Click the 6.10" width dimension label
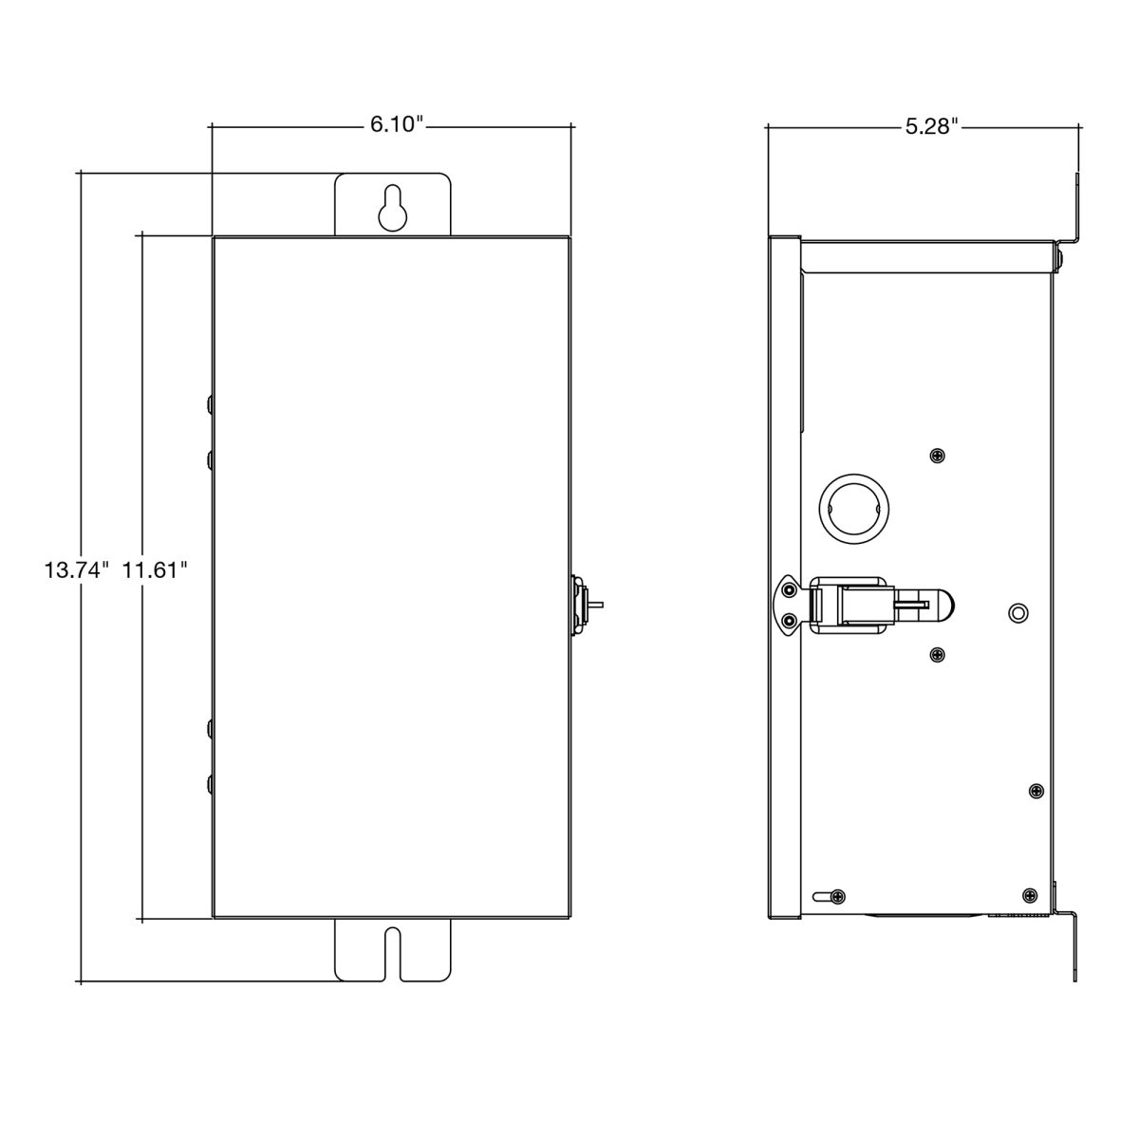[x=397, y=125]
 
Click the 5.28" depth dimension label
[x=931, y=126]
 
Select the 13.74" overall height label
[x=78, y=570]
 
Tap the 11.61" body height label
[x=155, y=570]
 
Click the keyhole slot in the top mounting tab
[x=392, y=208]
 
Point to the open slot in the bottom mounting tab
[x=392, y=955]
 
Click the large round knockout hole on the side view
[x=854, y=509]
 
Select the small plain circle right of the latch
[x=1017, y=612]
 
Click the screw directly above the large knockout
[x=937, y=456]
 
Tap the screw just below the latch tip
[x=937, y=654]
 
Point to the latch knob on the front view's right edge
[x=581, y=606]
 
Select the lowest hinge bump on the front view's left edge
[x=209, y=784]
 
